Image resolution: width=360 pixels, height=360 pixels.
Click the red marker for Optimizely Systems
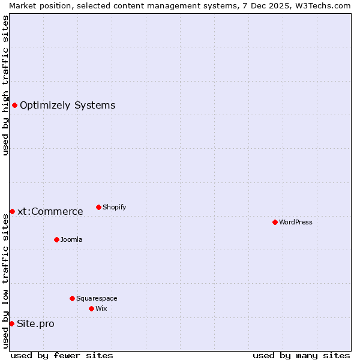pos(14,106)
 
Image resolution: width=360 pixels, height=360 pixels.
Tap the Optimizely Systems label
pos(67,106)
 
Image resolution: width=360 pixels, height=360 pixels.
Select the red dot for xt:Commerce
pos(12,211)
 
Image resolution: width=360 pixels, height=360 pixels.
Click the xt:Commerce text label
pos(50,211)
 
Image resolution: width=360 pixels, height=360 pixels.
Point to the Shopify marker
pos(98,207)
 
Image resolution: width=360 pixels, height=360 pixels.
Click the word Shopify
pos(114,208)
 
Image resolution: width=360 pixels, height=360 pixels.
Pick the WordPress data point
pos(275,222)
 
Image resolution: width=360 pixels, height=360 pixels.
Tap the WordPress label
pos(295,222)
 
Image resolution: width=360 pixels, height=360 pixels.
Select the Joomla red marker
pos(56,239)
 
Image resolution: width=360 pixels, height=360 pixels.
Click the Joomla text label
pos(71,240)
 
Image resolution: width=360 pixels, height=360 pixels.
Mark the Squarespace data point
pos(72,298)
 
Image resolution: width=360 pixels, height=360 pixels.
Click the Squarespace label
pos(97,298)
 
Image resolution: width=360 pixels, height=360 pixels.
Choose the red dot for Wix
pos(91,308)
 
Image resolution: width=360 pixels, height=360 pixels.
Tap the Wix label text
pos(101,308)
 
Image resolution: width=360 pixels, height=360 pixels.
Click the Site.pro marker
pos(11,323)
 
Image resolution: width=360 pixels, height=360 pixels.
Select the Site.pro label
pos(35,324)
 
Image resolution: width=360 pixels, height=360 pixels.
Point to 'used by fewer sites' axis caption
pos(62,355)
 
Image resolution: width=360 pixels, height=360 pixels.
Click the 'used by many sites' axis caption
pos(301,355)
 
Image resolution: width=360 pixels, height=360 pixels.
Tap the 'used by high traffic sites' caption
pos(5,85)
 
